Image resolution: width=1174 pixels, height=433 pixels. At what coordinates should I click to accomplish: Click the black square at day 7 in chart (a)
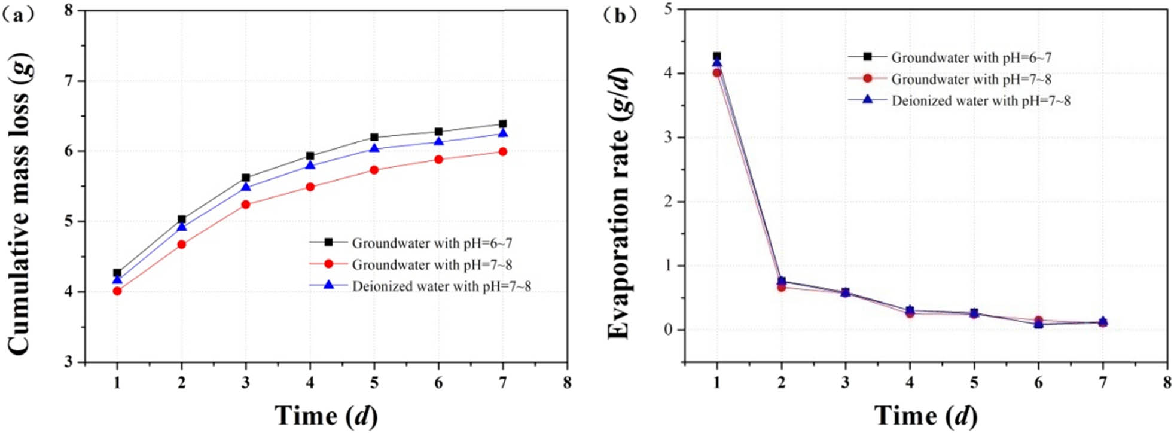(502, 124)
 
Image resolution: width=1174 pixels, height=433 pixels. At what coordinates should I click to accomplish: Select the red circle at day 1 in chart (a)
(117, 291)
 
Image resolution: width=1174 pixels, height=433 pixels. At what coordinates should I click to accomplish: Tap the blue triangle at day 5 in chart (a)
(374, 148)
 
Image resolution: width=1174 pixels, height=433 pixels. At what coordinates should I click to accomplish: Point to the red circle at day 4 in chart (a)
(310, 187)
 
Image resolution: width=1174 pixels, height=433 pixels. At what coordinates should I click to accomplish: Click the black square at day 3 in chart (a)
(246, 178)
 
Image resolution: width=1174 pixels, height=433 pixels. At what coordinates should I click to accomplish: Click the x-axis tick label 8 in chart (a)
(567, 382)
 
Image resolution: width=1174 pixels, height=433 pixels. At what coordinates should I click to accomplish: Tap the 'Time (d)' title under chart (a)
(326, 416)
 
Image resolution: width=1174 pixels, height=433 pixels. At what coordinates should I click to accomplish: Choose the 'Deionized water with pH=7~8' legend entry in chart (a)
(441, 286)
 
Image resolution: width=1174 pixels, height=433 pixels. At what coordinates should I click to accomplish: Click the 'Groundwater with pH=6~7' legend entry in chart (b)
(971, 57)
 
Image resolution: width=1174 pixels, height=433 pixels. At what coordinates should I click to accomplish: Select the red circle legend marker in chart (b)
(868, 79)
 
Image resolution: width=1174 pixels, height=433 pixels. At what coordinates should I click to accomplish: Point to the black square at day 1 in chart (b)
(717, 56)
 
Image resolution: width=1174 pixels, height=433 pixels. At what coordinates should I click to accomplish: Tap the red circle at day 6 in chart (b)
(1039, 321)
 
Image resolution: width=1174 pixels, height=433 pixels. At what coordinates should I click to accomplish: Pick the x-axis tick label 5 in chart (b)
(974, 382)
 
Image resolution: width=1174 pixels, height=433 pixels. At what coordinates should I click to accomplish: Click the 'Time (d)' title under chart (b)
(926, 416)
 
